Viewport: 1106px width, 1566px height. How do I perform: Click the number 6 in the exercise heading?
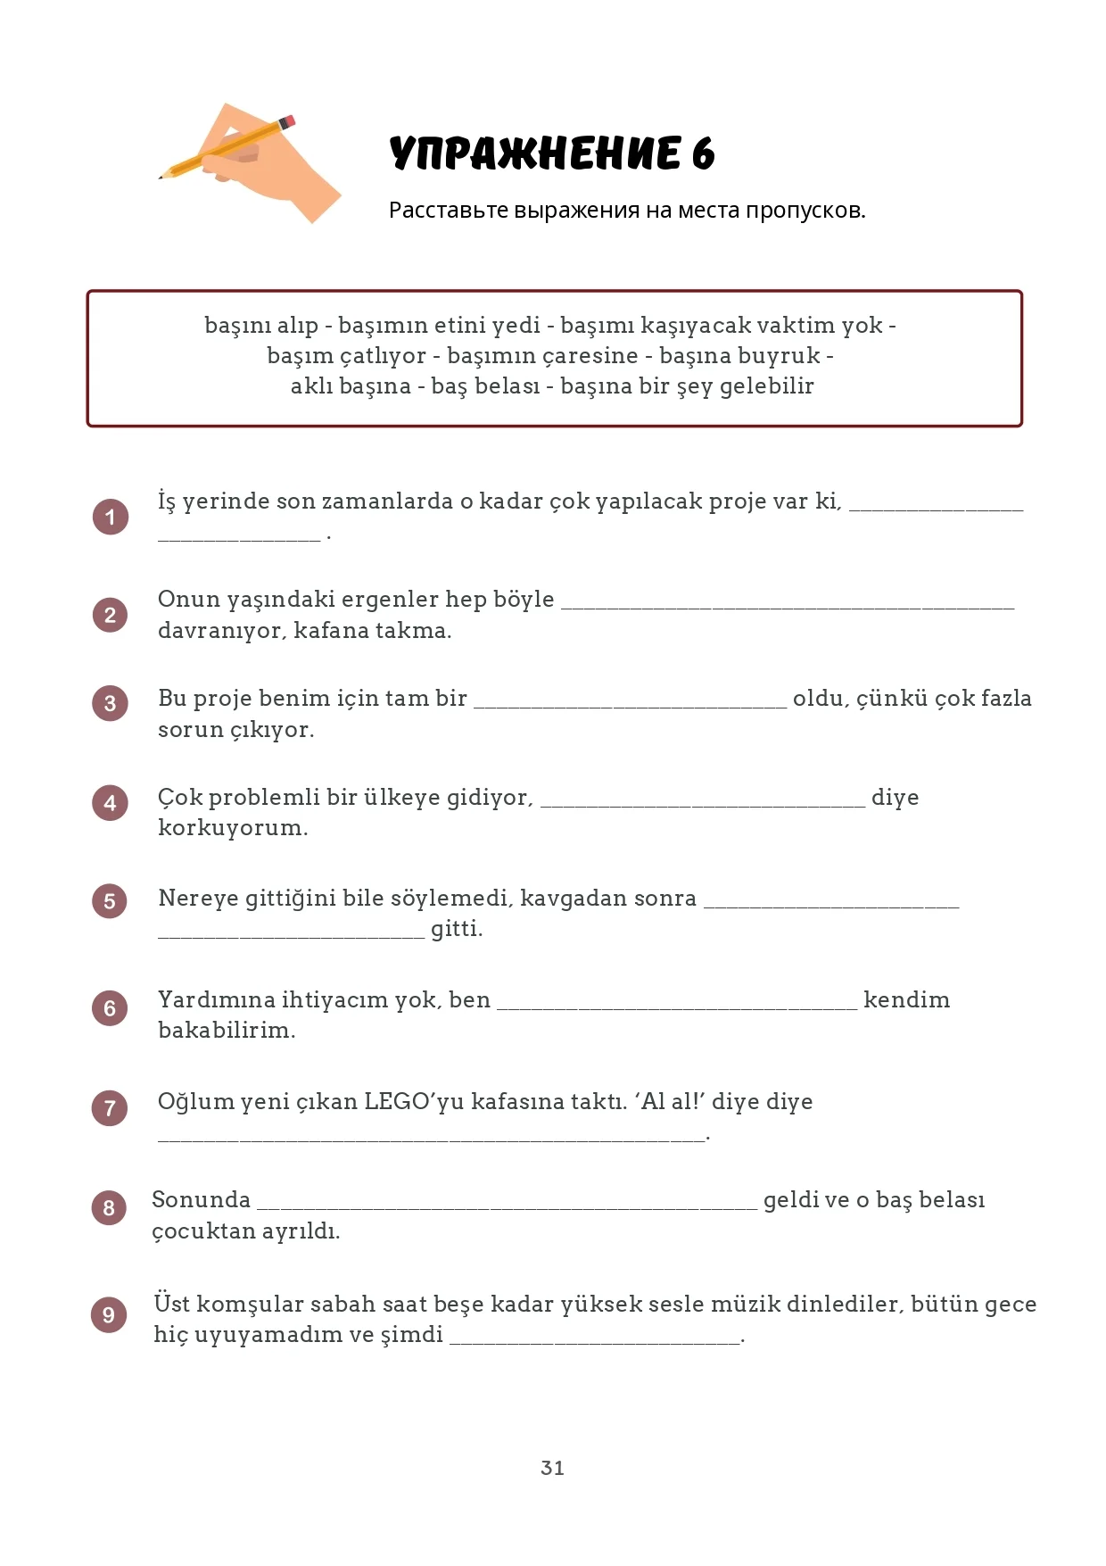[703, 154]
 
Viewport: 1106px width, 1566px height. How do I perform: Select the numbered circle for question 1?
[111, 517]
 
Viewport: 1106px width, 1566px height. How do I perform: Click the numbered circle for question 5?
[110, 900]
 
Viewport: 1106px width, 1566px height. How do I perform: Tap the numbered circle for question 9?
[109, 1314]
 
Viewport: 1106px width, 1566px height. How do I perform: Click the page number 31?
[552, 1468]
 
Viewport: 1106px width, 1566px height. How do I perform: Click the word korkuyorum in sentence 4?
[232, 828]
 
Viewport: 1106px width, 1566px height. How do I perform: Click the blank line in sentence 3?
[630, 705]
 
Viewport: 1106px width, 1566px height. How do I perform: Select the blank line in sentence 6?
[677, 1007]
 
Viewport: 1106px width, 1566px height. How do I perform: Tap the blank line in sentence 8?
[507, 1206]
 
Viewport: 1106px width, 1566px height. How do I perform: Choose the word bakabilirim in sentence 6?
[227, 1031]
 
